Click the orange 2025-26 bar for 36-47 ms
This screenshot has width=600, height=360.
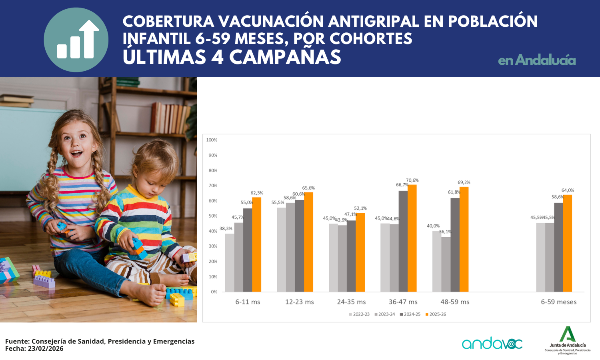tap(412, 238)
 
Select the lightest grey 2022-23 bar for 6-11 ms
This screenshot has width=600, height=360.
tap(230, 262)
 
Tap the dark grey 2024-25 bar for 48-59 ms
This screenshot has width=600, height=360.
tap(455, 245)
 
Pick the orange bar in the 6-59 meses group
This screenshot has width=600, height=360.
tap(567, 243)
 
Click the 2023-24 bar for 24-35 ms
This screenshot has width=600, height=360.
tap(342, 258)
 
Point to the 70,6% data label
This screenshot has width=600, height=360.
tap(412, 180)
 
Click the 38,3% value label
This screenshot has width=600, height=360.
tap(226, 229)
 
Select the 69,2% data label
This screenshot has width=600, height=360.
tap(464, 182)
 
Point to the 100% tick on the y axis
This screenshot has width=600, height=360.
tap(212, 140)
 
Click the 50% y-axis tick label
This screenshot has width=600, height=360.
tap(213, 216)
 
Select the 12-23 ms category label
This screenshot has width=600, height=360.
tap(299, 302)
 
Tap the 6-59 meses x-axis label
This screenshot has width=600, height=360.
tap(559, 302)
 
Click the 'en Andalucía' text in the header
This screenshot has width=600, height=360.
tap(537, 60)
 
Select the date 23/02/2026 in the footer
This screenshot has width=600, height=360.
tap(46, 348)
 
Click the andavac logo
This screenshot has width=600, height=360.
tap(492, 343)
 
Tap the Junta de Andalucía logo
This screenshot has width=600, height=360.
tap(567, 340)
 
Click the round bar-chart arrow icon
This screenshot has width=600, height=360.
tap(76, 40)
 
